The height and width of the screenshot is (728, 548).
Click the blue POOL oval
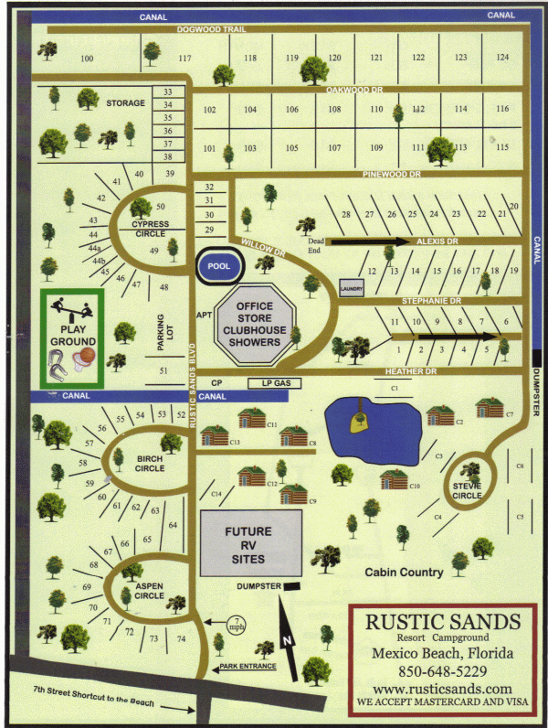[x=218, y=265]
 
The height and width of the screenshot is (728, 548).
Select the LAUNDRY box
[x=351, y=288]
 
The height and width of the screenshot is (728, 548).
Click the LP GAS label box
[x=275, y=381]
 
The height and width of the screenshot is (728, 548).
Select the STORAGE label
[x=125, y=103]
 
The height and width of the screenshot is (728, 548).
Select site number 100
[x=87, y=59]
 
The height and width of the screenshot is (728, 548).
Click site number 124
[x=501, y=58]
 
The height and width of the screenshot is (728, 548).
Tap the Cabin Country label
[x=404, y=573]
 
